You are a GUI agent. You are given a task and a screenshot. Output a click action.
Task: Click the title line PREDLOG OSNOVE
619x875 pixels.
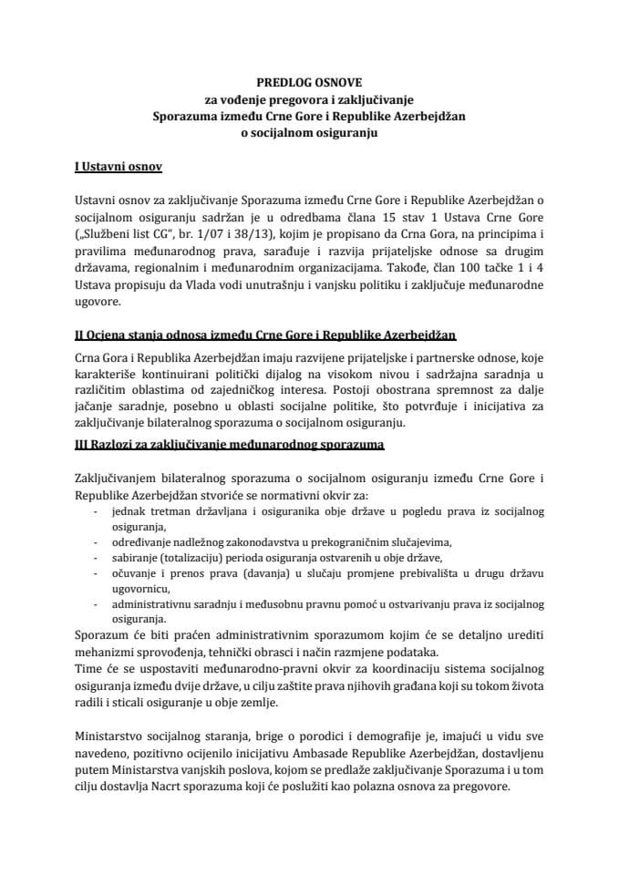point(309,81)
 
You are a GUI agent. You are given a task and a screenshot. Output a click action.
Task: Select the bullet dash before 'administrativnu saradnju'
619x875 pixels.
point(98,605)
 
